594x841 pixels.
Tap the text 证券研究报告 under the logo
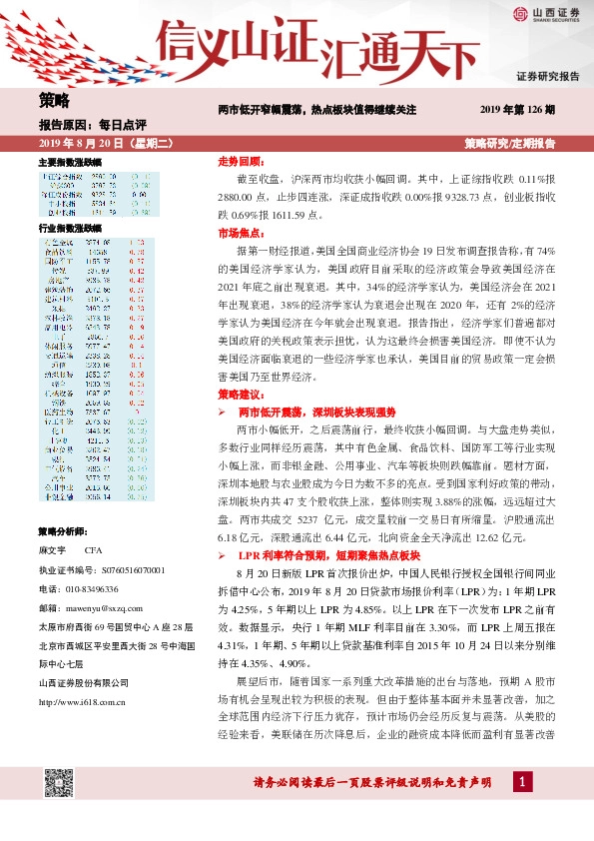pos(547,76)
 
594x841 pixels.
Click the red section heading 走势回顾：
pos(240,161)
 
